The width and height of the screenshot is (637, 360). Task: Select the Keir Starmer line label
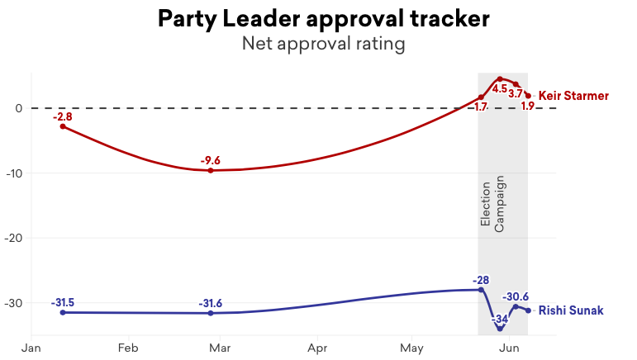tap(573, 96)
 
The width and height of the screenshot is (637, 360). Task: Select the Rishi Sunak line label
tap(571, 310)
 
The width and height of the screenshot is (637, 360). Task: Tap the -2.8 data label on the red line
tap(63, 116)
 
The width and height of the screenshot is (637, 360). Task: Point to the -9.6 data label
tap(211, 160)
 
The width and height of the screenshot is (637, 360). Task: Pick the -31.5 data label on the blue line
tap(63, 302)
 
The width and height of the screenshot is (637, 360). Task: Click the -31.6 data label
tap(211, 303)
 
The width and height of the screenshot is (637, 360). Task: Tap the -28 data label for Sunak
tap(482, 280)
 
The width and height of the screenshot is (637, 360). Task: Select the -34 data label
tap(500, 319)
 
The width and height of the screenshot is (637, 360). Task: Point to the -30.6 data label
tap(516, 297)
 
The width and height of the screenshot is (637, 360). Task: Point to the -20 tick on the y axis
tap(13, 238)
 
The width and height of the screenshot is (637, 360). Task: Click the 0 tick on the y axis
tap(17, 108)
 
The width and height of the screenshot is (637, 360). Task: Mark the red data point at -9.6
tap(211, 170)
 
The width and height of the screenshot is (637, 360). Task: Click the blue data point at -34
tap(500, 329)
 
